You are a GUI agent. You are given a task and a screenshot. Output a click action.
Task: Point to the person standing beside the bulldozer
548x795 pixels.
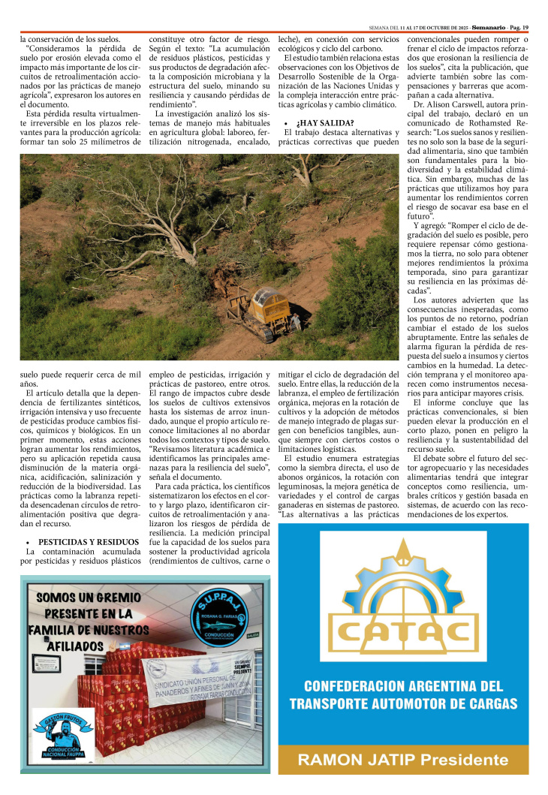click(297, 322)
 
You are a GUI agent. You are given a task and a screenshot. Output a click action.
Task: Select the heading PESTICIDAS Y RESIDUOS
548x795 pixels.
click(89, 541)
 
